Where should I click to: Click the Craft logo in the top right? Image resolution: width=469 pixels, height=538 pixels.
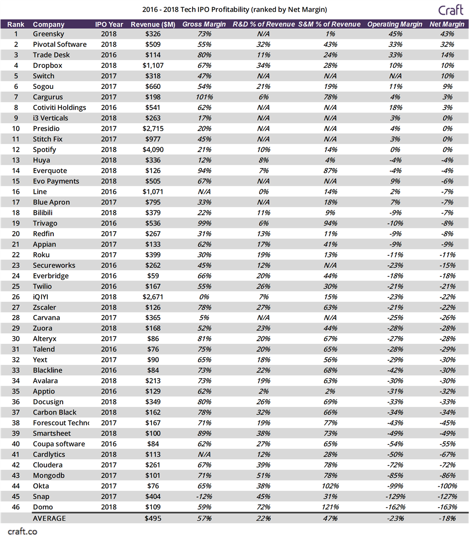(451, 10)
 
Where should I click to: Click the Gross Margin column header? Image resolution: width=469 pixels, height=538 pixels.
(204, 24)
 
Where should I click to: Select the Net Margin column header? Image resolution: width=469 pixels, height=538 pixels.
(447, 24)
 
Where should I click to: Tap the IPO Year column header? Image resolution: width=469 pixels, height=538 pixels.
(109, 24)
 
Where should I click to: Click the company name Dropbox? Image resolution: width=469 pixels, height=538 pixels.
(47, 65)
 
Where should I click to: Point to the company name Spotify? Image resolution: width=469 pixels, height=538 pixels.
(44, 149)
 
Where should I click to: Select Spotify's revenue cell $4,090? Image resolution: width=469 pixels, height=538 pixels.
(153, 149)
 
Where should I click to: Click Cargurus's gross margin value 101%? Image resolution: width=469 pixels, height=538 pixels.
(204, 97)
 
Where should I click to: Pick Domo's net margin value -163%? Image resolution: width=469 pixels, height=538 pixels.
(447, 507)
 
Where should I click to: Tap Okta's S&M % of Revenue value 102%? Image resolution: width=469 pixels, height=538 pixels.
(330, 486)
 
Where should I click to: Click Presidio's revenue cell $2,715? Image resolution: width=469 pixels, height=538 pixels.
(153, 128)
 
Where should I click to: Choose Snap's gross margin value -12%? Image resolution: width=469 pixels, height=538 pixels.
(204, 496)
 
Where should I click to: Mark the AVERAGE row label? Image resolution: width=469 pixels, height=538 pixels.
(49, 518)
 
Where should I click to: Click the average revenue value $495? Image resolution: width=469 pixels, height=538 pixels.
(153, 518)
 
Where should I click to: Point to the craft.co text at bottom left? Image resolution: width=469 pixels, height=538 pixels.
(22, 531)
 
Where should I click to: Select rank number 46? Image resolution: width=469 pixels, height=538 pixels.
(16, 507)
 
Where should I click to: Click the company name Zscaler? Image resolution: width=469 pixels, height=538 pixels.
(44, 307)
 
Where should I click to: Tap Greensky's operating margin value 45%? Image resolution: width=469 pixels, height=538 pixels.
(395, 34)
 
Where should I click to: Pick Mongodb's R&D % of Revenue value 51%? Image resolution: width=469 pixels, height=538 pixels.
(263, 475)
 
